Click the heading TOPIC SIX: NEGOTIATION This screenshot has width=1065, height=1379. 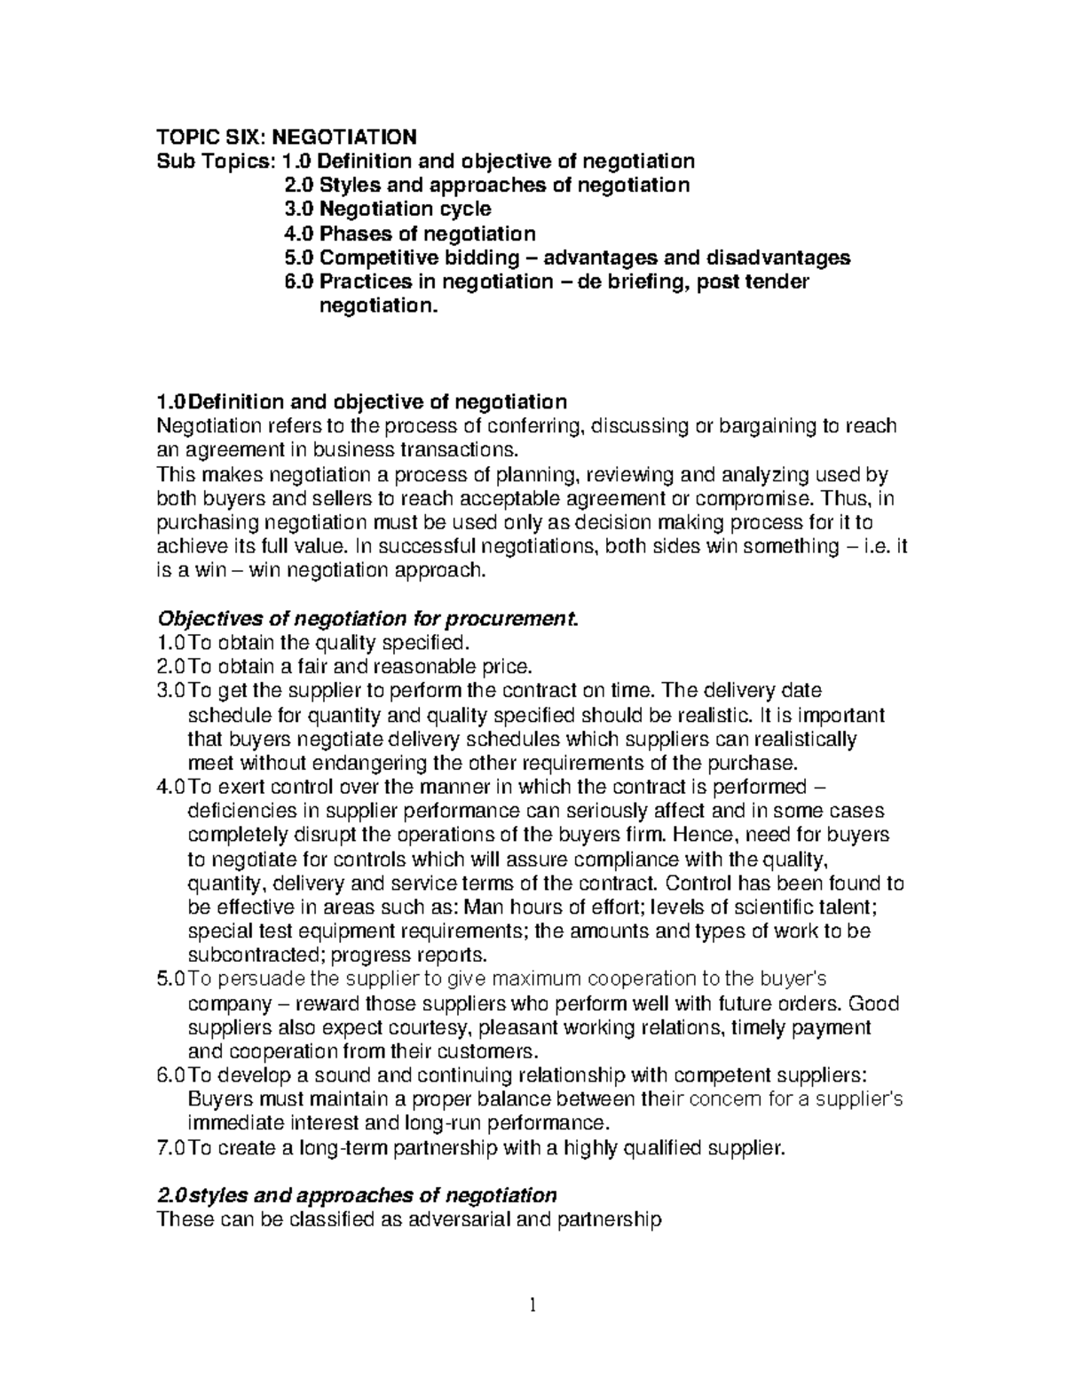286,137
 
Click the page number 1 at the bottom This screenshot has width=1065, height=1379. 532,1304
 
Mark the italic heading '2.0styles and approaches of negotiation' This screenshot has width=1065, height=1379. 356,1195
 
